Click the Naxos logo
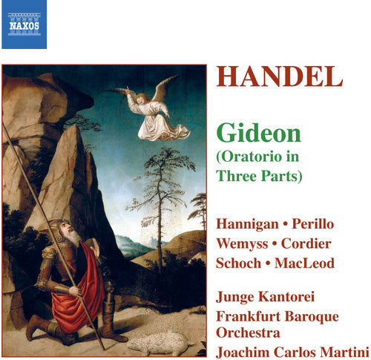24,24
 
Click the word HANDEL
279,78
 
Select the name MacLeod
306,264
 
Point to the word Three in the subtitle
236,176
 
